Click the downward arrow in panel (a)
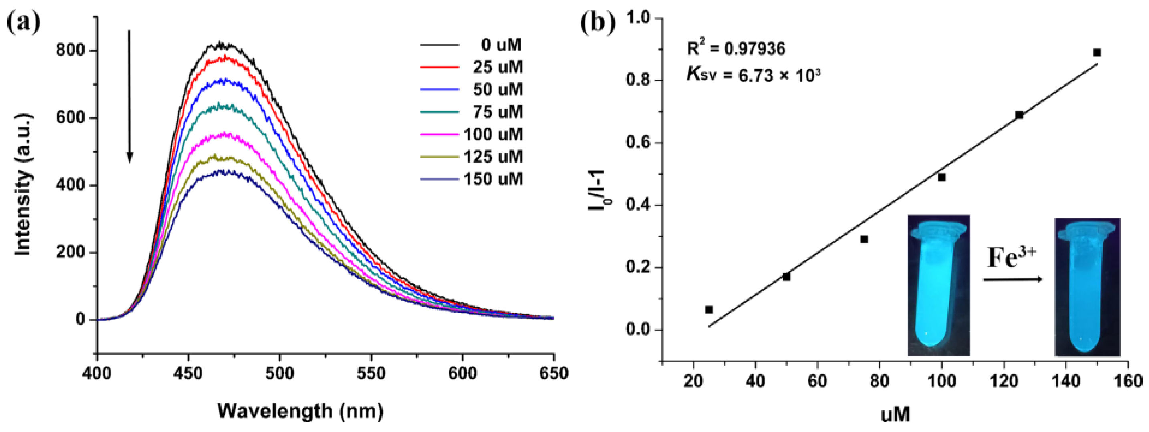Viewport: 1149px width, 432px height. click(x=130, y=96)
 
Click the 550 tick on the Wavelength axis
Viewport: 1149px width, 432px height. click(x=371, y=373)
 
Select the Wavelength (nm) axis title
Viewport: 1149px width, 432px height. click(x=300, y=411)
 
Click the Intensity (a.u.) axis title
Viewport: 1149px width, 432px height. click(x=23, y=185)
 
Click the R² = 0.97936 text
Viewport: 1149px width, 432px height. click(x=736, y=48)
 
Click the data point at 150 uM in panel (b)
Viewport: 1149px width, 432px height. click(x=1097, y=52)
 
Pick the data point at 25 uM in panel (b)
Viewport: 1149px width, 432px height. click(x=709, y=309)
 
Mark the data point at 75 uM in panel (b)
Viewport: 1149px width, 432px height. click(x=864, y=239)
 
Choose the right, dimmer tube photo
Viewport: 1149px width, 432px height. click(x=1087, y=287)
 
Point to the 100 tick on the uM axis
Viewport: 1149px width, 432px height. click(x=941, y=381)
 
